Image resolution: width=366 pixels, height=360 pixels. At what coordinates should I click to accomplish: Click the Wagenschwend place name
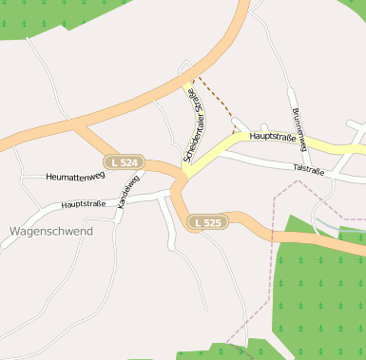[50, 231]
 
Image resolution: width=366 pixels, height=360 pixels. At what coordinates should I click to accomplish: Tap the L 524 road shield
[124, 162]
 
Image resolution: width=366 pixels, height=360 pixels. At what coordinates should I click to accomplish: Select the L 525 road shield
[205, 222]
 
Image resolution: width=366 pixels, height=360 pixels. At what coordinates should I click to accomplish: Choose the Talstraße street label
[309, 170]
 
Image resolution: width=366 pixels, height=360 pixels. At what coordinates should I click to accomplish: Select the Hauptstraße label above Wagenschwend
[84, 203]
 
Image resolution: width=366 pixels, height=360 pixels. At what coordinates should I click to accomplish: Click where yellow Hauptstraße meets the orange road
[183, 177]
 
